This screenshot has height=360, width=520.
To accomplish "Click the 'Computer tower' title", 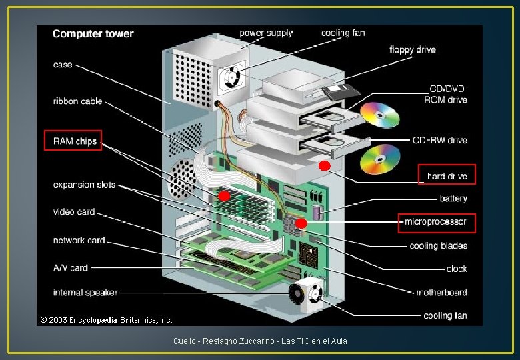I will tap(93, 34).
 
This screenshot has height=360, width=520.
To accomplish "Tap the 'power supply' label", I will tap(266, 33).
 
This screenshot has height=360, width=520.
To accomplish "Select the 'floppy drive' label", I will tap(412, 49).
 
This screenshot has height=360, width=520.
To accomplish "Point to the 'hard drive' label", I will tap(447, 176).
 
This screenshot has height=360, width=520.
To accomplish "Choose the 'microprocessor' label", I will tap(436, 221).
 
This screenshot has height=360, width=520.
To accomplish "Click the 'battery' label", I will tap(453, 199).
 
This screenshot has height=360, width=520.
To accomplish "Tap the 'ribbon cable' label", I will tap(78, 101).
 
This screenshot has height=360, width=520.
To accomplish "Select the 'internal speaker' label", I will tap(85, 293).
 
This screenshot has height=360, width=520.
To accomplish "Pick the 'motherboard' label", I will tap(441, 292).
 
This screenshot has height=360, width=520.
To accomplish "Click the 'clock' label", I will tap(457, 269).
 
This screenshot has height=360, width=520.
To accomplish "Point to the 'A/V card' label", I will tap(71, 268).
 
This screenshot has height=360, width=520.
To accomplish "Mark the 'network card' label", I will tap(79, 240).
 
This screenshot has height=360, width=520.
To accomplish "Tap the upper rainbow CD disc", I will tap(380, 115).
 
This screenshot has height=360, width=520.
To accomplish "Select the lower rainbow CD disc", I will tap(380, 159).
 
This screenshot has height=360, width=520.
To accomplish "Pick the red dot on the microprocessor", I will tap(301, 223).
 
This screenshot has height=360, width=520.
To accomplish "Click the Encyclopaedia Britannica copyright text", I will tap(106, 320).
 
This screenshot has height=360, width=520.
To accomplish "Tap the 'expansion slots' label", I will tap(84, 185).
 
